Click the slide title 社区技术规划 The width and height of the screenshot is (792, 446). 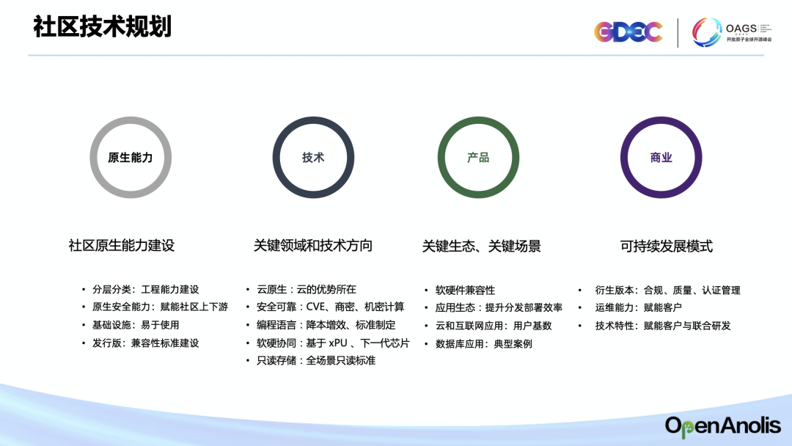coord(103,26)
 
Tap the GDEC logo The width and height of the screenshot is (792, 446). coord(628,32)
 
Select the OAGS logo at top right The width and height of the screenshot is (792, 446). coord(731,32)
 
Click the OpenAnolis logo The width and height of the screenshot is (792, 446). coord(723,426)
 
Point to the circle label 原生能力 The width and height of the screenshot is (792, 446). coord(131,158)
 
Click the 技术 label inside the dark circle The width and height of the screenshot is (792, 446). coord(313,158)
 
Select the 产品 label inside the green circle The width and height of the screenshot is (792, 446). coord(478,158)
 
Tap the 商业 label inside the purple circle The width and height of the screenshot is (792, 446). coord(661,158)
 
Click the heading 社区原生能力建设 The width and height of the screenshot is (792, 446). coord(122,246)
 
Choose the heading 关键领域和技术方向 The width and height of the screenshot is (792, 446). coord(312,246)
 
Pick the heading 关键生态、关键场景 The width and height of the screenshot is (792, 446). coord(481,246)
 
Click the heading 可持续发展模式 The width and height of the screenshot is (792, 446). coord(666,246)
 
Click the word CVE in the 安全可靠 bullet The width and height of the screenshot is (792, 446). coord(316,307)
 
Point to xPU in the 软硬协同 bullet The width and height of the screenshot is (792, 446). coord(338,343)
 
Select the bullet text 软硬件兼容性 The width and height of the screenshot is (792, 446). coord(465,290)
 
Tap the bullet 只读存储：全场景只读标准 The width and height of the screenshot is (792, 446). coord(316,360)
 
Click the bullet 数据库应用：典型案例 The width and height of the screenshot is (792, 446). coord(484,344)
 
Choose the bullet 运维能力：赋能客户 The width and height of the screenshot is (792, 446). coord(639,307)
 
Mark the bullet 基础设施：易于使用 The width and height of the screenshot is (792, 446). coord(136,325)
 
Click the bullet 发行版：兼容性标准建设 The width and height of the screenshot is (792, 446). coord(145,343)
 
